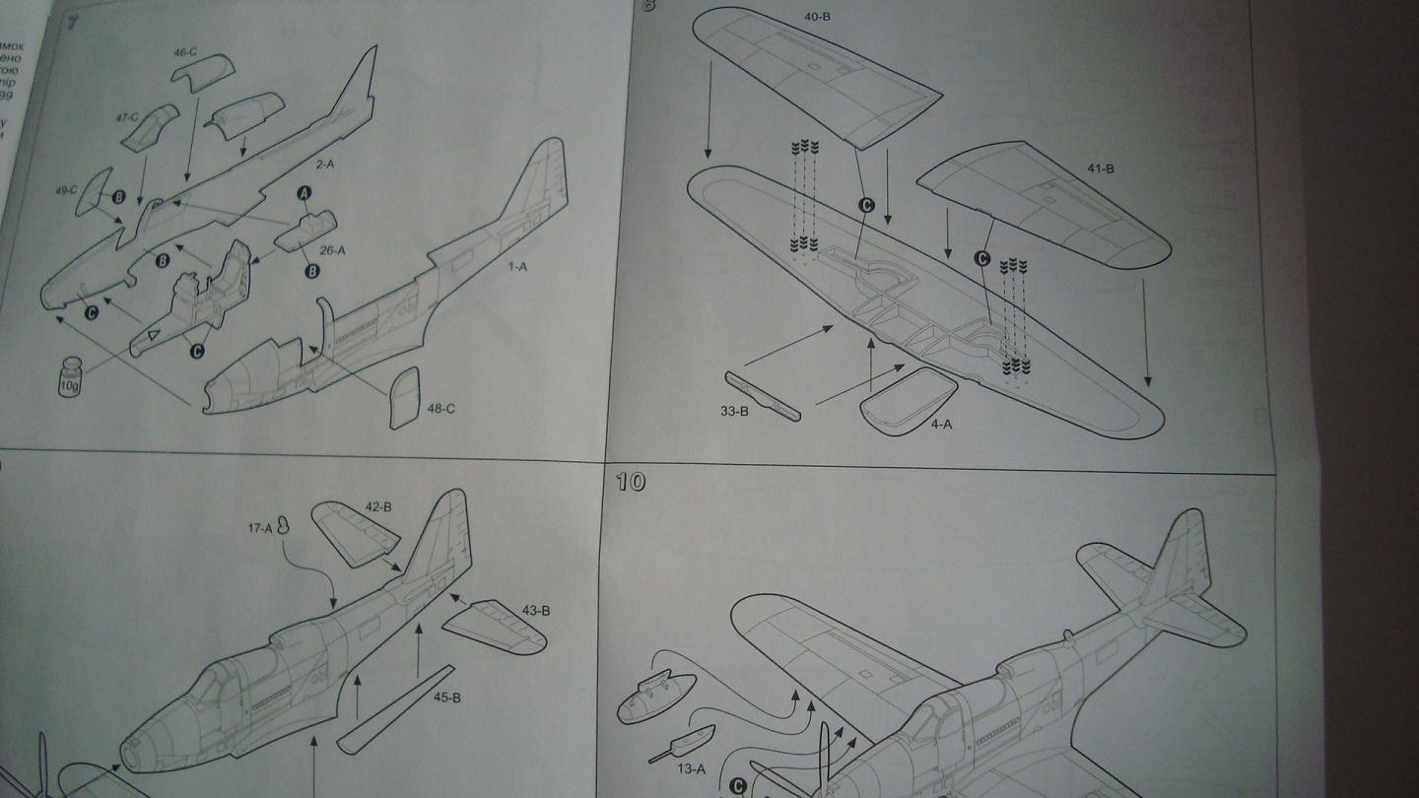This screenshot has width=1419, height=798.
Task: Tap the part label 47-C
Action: point(126,117)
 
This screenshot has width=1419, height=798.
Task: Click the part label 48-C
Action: point(441,408)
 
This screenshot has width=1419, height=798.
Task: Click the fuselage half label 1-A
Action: point(517,267)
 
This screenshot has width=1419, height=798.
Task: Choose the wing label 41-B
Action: point(1100,168)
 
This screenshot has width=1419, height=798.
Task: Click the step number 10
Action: point(631,482)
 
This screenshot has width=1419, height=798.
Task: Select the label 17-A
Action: point(260,528)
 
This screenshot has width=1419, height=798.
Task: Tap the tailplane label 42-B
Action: point(378,507)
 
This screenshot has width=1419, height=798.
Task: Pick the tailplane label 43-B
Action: point(535,611)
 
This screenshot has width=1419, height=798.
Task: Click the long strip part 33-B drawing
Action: point(763,395)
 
